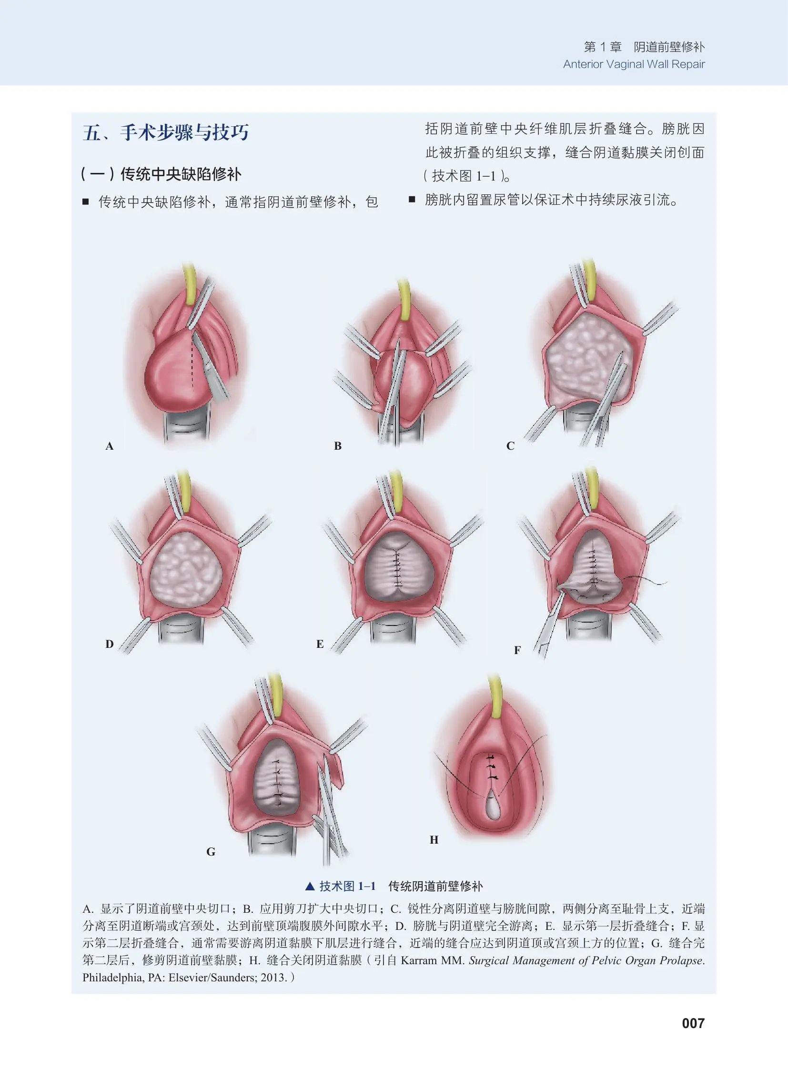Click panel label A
[x=110, y=446]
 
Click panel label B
[x=338, y=446]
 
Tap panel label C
[x=510, y=446]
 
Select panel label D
[x=110, y=645]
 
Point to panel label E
[x=320, y=645]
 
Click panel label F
[x=517, y=651]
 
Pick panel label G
[x=211, y=852]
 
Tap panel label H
[x=434, y=840]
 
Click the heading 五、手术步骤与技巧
[x=165, y=132]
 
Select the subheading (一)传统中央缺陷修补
[x=161, y=174]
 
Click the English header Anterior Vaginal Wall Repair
[x=634, y=64]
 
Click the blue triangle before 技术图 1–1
[x=310, y=886]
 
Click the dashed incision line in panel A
[x=192, y=363]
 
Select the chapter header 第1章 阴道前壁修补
[x=644, y=47]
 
